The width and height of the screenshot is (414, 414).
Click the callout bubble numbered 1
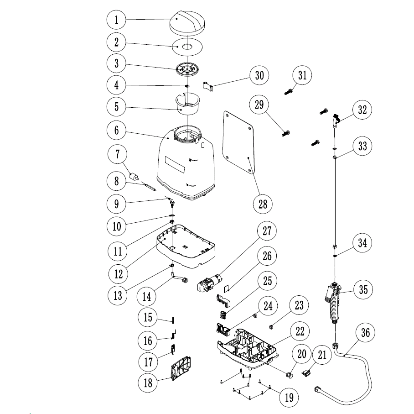[117, 20]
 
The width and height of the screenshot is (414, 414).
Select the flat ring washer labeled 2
[187, 46]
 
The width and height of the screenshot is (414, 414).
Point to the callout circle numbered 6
[117, 130]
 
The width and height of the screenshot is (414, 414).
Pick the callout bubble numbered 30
[259, 75]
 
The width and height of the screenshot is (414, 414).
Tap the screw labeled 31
[288, 92]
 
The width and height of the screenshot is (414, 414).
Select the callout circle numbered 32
[362, 110]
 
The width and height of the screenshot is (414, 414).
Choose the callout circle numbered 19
[289, 397]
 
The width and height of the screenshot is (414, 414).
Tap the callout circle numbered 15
[148, 317]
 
